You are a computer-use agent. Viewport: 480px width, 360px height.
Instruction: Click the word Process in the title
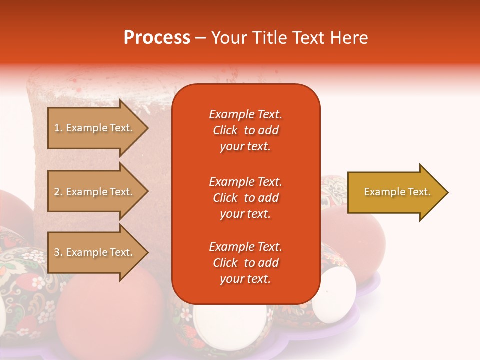(157, 37)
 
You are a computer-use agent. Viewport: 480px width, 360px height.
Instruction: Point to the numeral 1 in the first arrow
(57, 128)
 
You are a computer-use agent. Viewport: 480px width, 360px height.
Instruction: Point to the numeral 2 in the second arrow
(57, 192)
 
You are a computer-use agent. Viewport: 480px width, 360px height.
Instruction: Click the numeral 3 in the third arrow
(57, 252)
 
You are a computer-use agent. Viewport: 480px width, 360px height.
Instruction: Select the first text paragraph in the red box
(245, 130)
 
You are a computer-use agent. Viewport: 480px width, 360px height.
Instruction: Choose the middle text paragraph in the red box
(245, 198)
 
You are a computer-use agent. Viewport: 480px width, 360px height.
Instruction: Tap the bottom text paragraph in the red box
(245, 263)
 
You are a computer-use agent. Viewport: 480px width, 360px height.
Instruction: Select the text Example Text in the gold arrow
(397, 192)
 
